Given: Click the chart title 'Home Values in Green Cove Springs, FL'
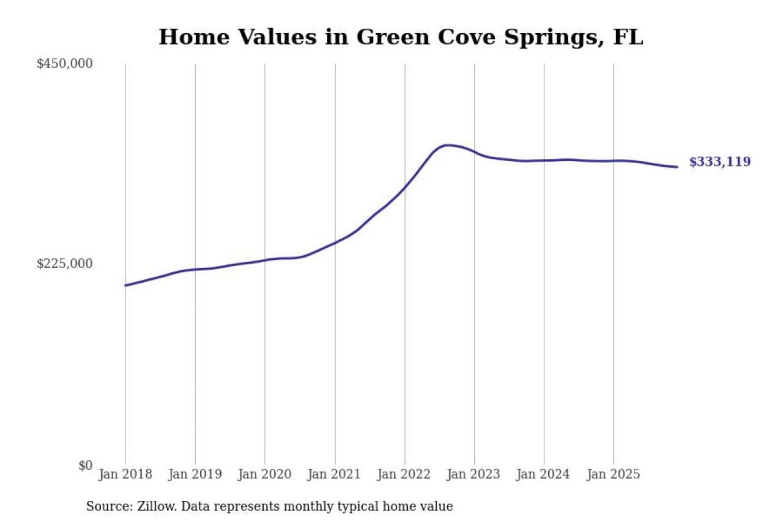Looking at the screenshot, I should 401,37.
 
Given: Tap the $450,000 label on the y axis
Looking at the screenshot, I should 65,64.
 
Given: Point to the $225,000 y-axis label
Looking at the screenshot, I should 65,264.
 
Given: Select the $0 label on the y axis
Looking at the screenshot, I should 85,465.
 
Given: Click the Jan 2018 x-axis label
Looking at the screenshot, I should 125,474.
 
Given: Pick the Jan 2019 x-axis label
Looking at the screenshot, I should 195,474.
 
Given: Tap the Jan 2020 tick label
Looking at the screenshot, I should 264,474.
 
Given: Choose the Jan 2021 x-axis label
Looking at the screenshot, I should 334,474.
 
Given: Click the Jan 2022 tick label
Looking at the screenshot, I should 403,474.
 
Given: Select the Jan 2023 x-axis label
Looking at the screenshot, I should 473,474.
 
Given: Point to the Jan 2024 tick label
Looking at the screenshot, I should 543,474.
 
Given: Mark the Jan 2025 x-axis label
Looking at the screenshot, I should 613,474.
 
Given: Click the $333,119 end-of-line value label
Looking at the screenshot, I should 719,161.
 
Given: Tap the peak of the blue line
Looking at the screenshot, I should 447,145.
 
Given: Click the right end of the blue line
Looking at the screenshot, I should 676,167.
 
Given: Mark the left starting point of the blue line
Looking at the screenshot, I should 126,285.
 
